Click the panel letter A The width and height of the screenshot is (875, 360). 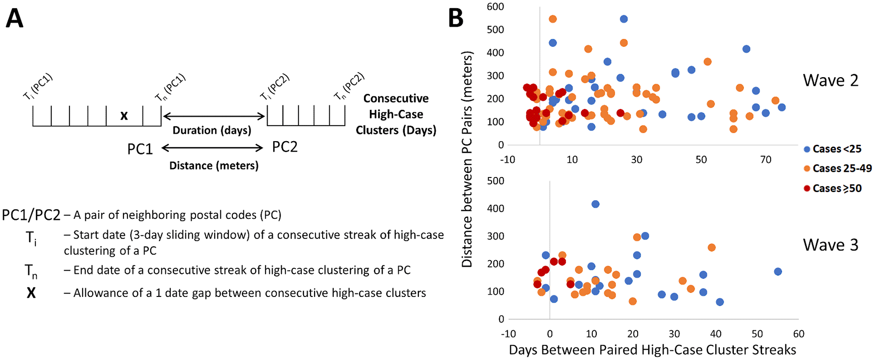click(x=15, y=19)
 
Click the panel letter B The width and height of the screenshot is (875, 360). click(x=456, y=19)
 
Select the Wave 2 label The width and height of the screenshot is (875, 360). click(x=830, y=81)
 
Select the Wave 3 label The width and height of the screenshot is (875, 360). click(x=830, y=245)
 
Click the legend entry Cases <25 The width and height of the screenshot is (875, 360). click(x=837, y=149)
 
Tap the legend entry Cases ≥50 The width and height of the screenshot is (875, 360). click(x=837, y=189)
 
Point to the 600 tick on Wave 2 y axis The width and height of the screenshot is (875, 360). click(x=495, y=7)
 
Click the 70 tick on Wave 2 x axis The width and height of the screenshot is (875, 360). click(x=766, y=160)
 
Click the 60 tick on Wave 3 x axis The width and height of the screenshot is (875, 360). click(x=798, y=334)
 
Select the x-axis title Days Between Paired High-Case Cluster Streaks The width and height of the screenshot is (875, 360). click(x=652, y=350)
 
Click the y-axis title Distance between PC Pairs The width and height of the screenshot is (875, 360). click(x=467, y=159)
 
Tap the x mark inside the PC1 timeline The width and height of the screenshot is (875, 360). click(x=124, y=116)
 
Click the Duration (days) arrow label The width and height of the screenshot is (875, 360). click(x=212, y=130)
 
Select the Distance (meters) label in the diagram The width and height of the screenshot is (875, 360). click(x=214, y=165)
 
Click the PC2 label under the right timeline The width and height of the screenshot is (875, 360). click(x=285, y=147)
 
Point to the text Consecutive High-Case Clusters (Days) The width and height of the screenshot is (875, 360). click(x=396, y=114)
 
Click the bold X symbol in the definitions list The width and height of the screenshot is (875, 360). click(x=31, y=293)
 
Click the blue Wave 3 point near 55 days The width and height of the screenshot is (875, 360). click(x=778, y=272)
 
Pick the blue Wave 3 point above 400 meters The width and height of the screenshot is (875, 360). click(x=595, y=204)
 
